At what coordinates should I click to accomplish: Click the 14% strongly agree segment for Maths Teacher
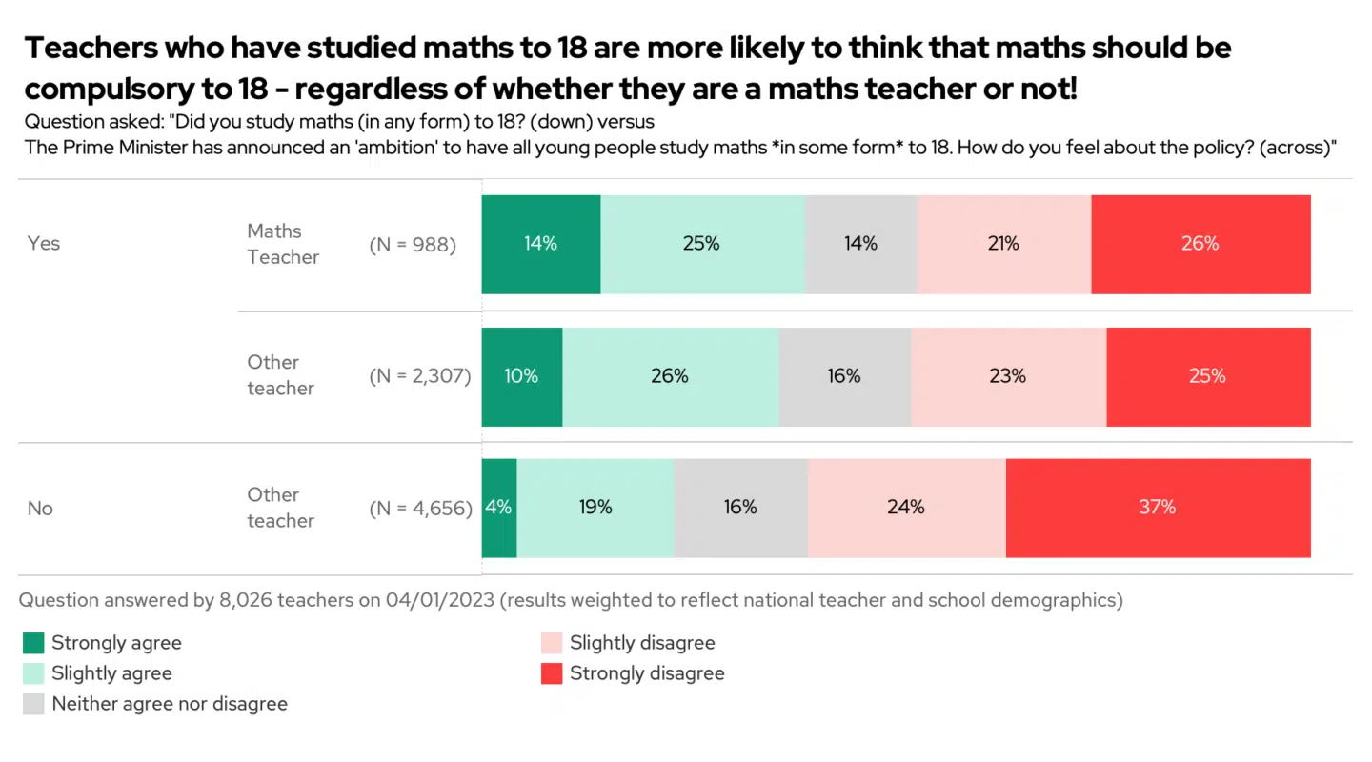(x=540, y=244)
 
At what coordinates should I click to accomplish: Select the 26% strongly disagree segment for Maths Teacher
(x=1200, y=244)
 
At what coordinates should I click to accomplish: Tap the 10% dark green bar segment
(x=521, y=376)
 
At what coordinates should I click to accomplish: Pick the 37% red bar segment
(x=1158, y=508)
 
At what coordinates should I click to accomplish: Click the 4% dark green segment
(x=498, y=508)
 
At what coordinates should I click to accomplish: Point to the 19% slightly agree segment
(x=595, y=508)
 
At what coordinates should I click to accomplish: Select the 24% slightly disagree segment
(x=906, y=508)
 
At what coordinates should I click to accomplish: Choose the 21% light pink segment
(x=1003, y=244)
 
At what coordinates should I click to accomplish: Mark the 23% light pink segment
(x=1008, y=376)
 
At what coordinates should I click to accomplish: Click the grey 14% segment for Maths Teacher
(x=860, y=244)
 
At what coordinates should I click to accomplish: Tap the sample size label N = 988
(x=413, y=245)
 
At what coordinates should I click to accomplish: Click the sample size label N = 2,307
(x=420, y=376)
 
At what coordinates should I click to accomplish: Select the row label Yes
(x=44, y=244)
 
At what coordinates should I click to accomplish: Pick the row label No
(x=40, y=509)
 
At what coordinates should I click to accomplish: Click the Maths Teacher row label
(x=283, y=244)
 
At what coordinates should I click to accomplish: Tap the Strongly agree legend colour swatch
(x=33, y=643)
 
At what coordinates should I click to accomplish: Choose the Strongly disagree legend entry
(x=646, y=673)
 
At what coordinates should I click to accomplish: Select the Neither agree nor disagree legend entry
(x=169, y=704)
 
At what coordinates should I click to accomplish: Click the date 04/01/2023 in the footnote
(x=440, y=600)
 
